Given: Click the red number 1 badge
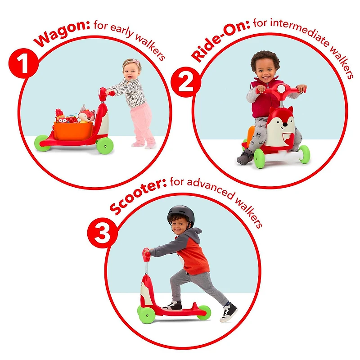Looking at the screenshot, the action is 23,63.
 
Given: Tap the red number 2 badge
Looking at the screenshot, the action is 186,82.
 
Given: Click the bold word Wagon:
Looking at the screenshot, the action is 62,32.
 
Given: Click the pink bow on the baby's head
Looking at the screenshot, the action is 136,62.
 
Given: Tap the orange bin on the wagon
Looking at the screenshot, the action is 73,131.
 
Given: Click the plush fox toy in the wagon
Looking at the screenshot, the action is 86,114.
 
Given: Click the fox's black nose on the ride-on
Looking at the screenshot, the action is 285,125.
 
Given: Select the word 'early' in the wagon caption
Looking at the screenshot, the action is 122,30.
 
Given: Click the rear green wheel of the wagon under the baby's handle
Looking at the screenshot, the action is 105,146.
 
